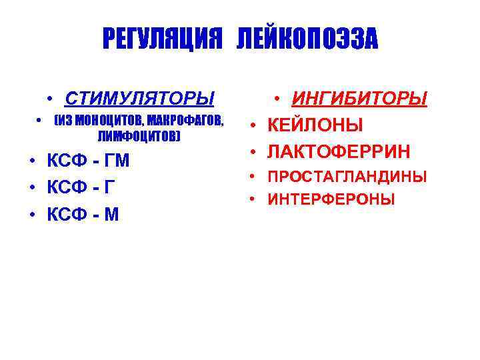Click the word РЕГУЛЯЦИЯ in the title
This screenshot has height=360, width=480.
(161, 39)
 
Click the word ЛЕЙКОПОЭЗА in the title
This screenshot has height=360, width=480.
(306, 39)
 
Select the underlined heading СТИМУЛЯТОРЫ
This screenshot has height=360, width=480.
(139, 99)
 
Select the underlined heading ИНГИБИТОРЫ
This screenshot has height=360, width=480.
(359, 99)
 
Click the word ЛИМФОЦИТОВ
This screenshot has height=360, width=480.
(138, 136)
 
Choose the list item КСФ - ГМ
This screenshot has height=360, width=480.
(88, 161)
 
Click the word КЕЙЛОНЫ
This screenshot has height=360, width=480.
(315, 125)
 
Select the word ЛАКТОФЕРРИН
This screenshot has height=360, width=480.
(339, 151)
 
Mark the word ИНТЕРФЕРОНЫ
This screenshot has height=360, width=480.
(331, 199)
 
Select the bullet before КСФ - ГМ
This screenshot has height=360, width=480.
(33, 161)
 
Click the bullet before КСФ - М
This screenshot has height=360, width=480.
(33, 215)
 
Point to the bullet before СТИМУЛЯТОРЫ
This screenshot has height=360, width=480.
(51, 99)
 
